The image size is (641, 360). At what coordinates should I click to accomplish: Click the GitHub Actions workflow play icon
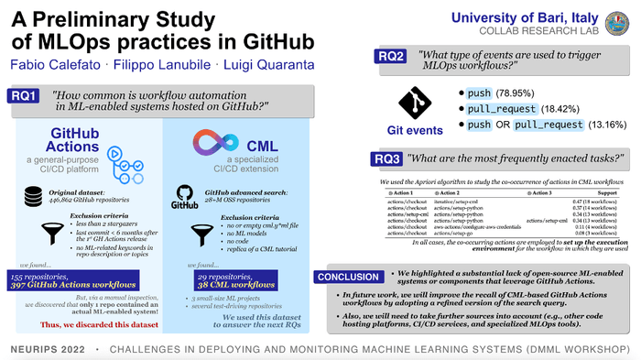point(121,147)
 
